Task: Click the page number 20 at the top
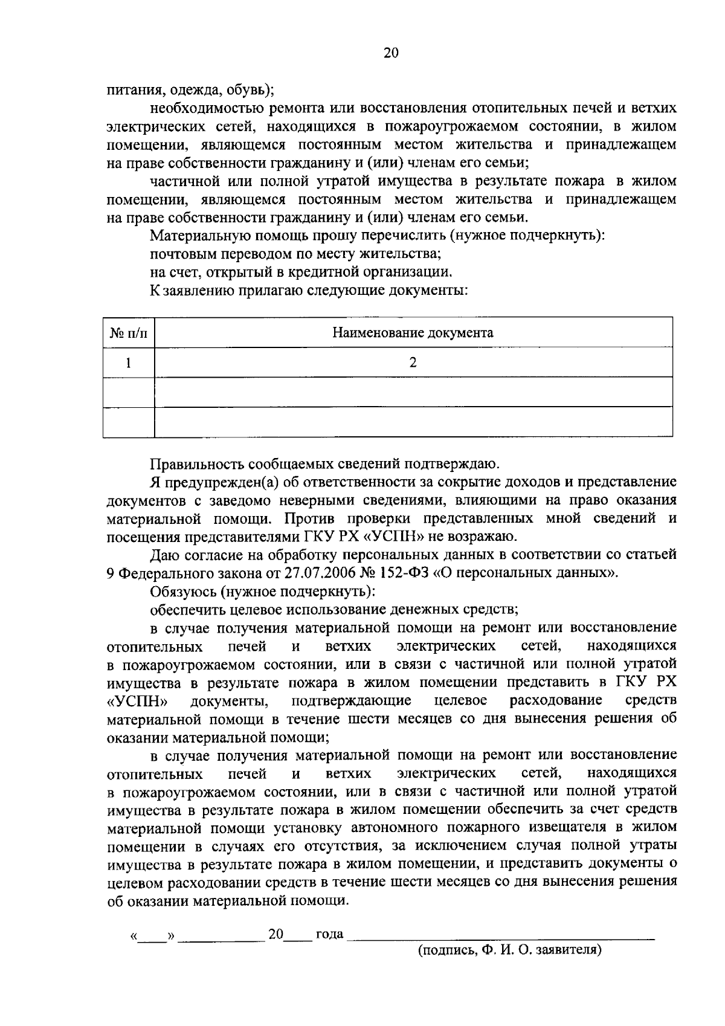pos(391,53)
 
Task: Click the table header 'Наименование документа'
pos(413,332)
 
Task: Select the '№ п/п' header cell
pos(129,333)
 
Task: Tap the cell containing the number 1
pos(128,363)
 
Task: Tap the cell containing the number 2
pos(413,363)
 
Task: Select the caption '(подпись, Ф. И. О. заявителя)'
pos(511,949)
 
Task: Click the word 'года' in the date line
pos(329,934)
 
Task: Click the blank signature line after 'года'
pos(501,935)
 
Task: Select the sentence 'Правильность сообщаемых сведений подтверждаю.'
pos(325,464)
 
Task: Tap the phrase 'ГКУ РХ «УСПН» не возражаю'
pos(406,537)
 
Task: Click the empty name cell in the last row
pos(413,422)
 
